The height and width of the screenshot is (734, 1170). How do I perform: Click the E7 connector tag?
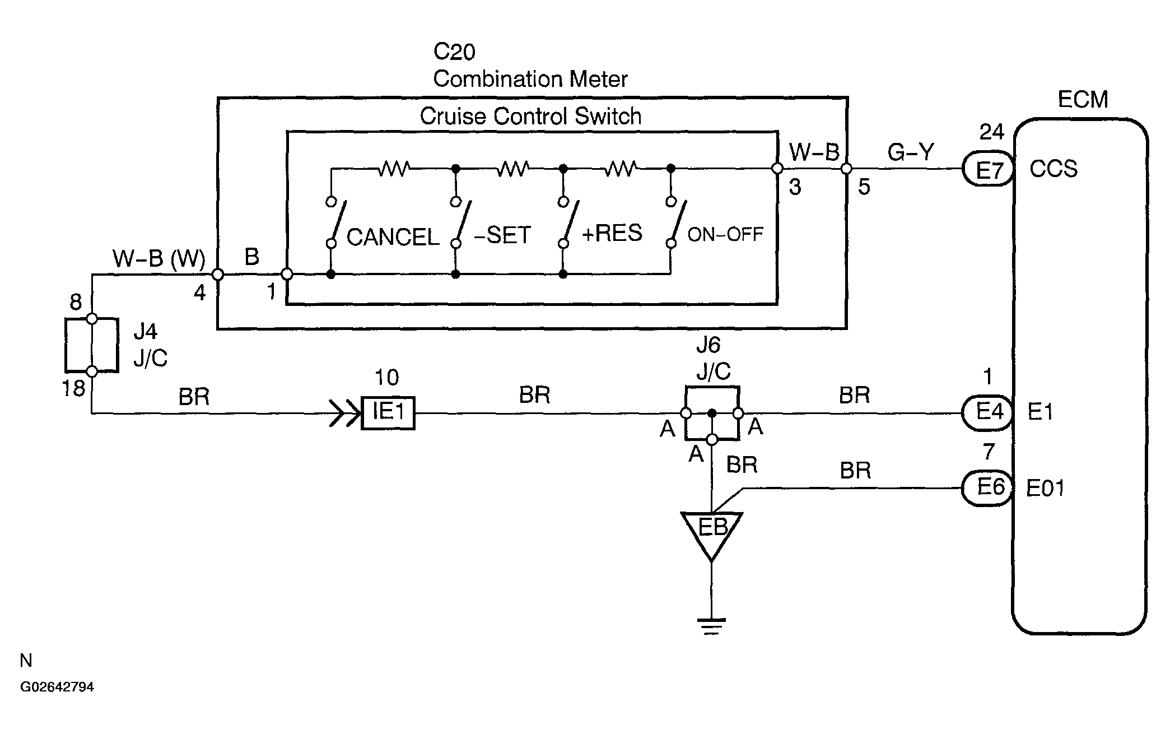click(989, 169)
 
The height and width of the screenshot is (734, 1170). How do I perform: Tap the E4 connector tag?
click(989, 413)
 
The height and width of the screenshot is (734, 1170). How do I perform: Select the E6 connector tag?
click(989, 488)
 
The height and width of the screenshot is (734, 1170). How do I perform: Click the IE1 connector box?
click(388, 413)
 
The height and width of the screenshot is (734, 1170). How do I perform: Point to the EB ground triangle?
click(711, 533)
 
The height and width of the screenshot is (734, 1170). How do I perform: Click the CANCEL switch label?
click(393, 237)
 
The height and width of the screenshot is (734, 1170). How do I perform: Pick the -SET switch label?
click(502, 235)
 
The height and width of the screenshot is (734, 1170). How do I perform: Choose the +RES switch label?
click(612, 233)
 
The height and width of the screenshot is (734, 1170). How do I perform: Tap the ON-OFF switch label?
click(725, 234)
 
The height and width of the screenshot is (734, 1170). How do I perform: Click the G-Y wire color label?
click(911, 152)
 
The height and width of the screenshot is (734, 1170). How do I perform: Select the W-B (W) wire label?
click(159, 259)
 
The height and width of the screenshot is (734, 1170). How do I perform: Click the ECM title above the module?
click(1083, 100)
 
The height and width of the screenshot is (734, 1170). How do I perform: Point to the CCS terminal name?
click(1054, 169)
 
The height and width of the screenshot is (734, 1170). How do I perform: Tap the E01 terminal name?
click(1045, 488)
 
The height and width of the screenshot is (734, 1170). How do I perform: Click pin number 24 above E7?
click(991, 132)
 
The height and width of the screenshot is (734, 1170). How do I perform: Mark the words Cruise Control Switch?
click(530, 117)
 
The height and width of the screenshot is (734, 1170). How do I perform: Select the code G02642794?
click(57, 687)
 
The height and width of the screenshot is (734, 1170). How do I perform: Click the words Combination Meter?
click(530, 79)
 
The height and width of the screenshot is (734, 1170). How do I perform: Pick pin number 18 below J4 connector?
click(73, 388)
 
